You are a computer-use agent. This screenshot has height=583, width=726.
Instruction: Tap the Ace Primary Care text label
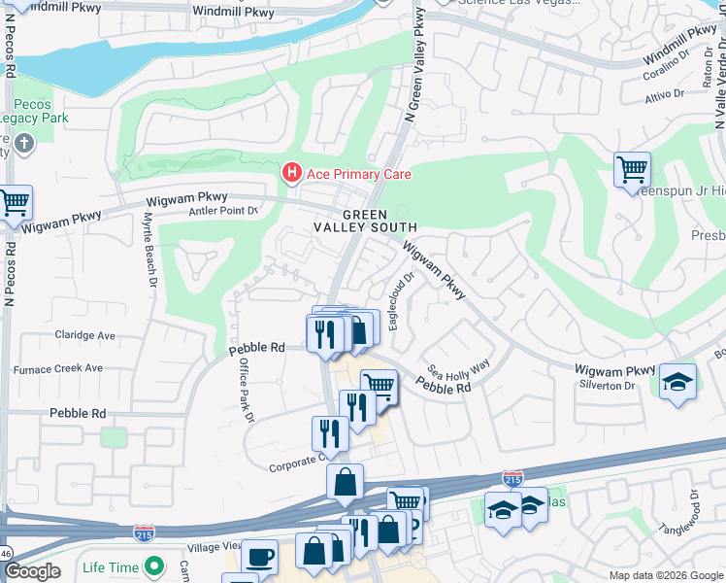pyautogui.click(x=358, y=174)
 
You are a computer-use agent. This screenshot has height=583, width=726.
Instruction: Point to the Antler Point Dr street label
pyautogui.click(x=223, y=210)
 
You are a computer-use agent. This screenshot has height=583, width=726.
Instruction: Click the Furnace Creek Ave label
pyautogui.click(x=57, y=368)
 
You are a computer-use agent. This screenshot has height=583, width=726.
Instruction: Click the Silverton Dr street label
pyautogui.click(x=605, y=386)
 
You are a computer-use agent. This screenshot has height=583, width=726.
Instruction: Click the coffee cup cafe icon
pyautogui.click(x=259, y=556)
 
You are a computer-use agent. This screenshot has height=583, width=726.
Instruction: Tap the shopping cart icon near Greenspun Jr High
pyautogui.click(x=632, y=170)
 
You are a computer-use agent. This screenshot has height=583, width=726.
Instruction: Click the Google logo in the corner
pyautogui.click(x=33, y=571)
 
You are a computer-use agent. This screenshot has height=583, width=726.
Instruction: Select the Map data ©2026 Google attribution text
pyautogui.click(x=665, y=575)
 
